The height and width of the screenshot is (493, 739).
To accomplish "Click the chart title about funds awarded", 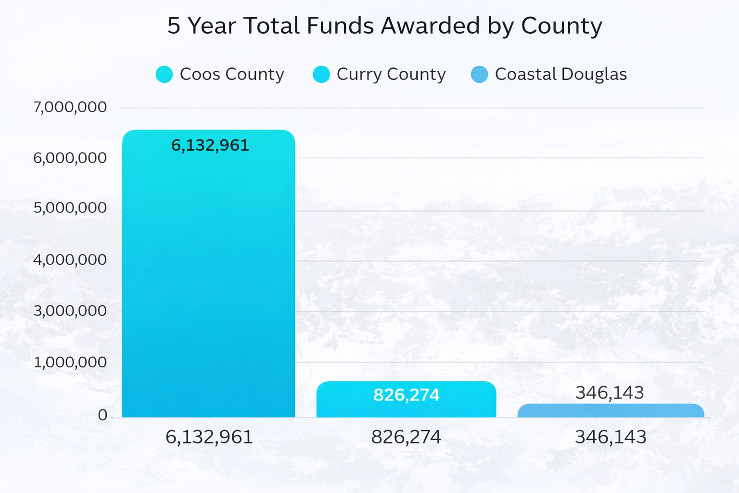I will [384, 26].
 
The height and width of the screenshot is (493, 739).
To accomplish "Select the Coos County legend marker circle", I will [164, 75].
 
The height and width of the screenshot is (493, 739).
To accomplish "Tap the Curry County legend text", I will [391, 74].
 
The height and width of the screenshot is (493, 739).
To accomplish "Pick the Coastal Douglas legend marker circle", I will [479, 75].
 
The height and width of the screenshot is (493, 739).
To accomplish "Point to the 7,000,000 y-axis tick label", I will [70, 107].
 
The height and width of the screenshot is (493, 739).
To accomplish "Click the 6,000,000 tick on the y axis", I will [70, 158].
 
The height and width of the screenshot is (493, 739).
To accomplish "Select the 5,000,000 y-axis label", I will [70, 208].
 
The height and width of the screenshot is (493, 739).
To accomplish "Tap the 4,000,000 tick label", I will [70, 260].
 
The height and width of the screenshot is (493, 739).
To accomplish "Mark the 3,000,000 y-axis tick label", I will [70, 311].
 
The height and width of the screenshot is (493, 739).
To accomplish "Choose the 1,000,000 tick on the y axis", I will [70, 362].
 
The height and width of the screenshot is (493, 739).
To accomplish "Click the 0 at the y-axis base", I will [102, 415].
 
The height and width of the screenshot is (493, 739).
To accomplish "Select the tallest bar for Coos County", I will [208, 279].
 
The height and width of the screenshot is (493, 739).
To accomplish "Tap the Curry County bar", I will [406, 407].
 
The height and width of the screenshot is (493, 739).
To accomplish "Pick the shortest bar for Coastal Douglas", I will [611, 411].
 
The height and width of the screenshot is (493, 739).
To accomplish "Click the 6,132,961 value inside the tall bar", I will [210, 145].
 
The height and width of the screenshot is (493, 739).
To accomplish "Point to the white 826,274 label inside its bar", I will [406, 395].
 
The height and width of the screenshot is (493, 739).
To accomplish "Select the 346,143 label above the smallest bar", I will [610, 393].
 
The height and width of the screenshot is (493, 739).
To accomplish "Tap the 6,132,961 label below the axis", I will [209, 437].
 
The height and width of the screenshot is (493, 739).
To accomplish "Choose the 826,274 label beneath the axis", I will [406, 437].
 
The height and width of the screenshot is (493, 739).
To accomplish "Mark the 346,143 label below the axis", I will [611, 437].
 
